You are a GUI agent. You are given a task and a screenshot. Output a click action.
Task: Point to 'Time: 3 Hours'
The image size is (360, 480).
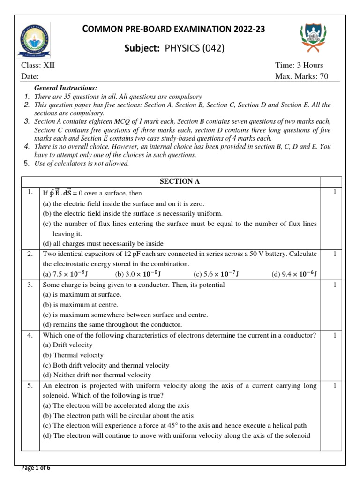coord(299,65)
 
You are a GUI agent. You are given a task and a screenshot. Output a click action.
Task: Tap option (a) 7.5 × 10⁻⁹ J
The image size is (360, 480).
coord(64,274)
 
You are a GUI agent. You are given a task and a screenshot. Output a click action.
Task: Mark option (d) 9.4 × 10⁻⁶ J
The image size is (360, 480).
coord(294,274)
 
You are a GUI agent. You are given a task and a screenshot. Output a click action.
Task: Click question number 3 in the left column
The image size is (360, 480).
coord(30,285)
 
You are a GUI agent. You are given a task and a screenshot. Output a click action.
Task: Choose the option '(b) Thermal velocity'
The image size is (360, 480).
coord(73,355)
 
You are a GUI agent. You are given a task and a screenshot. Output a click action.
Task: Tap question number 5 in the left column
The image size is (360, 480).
coord(30,386)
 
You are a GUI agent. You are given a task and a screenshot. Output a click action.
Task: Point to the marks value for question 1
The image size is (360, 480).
coord(335,192)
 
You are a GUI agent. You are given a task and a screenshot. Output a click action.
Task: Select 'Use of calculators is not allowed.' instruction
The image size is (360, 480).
coord(82,164)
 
